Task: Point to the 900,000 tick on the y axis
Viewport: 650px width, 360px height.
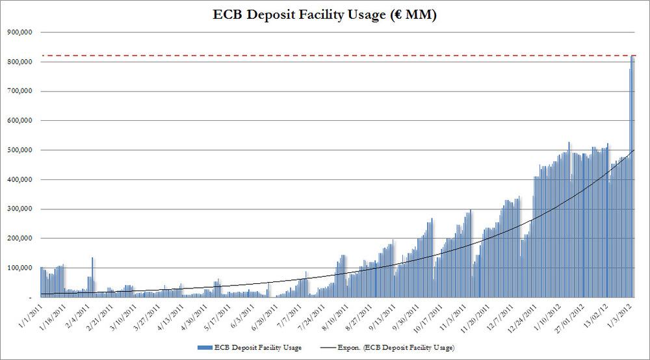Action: pos(23,32)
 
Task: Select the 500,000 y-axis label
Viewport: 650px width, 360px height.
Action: pos(23,150)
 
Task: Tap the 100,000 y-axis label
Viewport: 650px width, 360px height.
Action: pos(23,268)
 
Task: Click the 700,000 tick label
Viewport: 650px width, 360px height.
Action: pos(23,92)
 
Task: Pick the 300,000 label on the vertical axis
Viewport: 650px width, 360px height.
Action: pos(23,209)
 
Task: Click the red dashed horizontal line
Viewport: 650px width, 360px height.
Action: pos(325,56)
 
